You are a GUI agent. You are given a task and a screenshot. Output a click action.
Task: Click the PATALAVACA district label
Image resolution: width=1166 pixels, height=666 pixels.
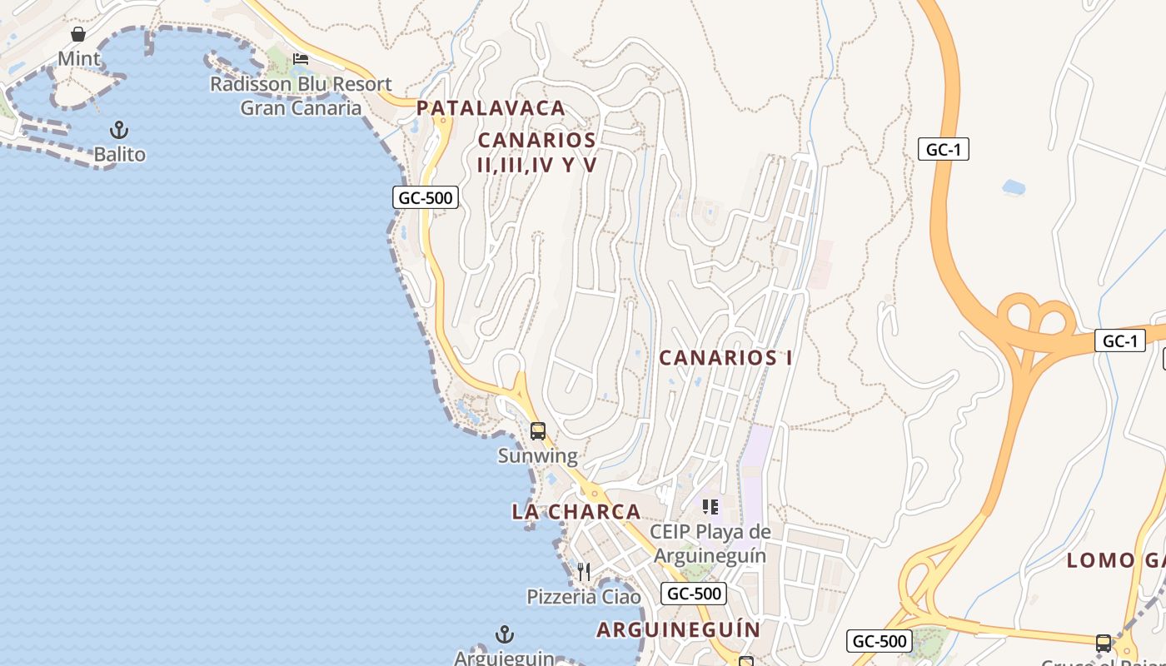click(491, 108)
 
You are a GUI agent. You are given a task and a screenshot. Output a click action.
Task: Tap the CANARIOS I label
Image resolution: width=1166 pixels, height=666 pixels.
click(725, 358)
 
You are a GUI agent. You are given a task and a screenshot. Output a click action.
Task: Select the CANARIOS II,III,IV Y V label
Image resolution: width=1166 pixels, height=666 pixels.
click(537, 152)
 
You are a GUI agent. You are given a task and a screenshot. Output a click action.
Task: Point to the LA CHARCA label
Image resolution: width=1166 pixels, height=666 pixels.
click(576, 512)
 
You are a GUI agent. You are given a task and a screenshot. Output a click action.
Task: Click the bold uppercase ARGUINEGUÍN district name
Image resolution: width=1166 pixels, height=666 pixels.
click(679, 629)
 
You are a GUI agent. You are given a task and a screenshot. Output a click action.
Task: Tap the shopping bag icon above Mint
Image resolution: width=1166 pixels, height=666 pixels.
click(78, 34)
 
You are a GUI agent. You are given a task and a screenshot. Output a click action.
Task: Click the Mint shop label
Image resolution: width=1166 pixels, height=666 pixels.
click(79, 59)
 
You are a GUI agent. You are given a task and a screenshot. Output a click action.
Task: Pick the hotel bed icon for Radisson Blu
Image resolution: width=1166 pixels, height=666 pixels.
click(301, 58)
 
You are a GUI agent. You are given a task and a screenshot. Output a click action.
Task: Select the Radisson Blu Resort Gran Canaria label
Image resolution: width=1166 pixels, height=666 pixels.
click(301, 96)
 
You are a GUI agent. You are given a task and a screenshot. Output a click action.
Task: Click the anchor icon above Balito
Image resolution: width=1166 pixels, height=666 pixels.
click(119, 130)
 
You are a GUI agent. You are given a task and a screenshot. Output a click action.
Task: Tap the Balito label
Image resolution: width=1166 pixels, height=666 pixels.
click(119, 155)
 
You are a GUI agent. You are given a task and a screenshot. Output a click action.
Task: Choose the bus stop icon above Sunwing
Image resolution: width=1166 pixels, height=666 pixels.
click(538, 431)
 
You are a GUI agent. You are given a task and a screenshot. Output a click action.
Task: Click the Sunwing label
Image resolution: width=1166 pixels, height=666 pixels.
click(538, 456)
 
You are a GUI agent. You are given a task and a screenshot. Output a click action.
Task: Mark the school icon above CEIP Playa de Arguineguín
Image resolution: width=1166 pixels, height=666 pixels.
click(710, 506)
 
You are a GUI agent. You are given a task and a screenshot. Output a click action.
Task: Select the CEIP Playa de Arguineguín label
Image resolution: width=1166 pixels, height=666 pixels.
click(710, 543)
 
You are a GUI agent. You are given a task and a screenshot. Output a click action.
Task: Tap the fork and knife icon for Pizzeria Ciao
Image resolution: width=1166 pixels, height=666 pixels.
click(584, 572)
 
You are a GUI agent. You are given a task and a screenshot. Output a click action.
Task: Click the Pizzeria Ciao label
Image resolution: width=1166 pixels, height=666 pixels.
click(584, 597)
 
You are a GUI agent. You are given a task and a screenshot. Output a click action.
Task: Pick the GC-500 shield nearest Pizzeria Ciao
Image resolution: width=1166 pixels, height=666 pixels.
click(694, 594)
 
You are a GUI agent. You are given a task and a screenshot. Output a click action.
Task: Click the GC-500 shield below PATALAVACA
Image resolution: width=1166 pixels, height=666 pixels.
click(426, 197)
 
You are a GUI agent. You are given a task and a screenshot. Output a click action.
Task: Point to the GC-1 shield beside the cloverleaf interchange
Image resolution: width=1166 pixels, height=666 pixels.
click(1120, 340)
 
